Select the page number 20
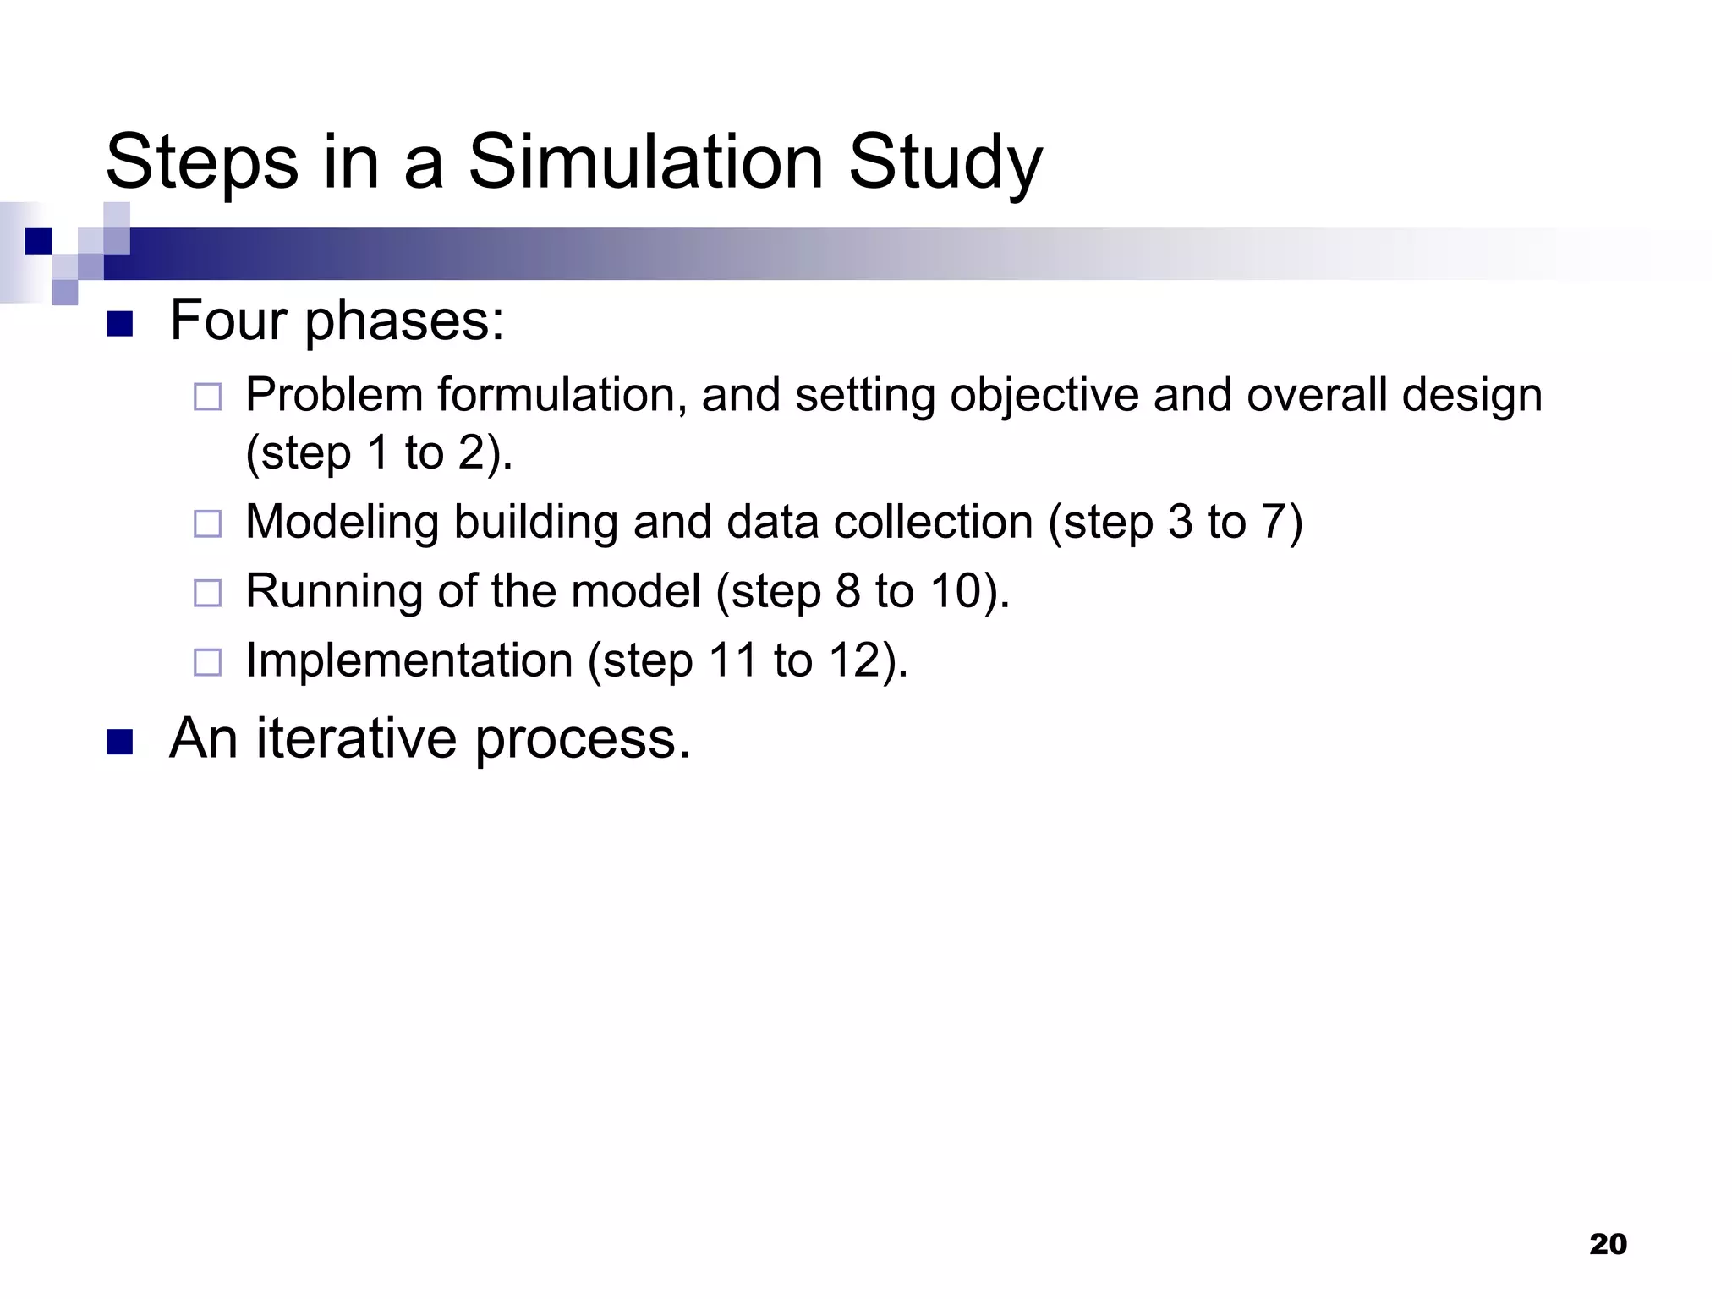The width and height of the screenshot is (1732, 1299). click(x=1608, y=1244)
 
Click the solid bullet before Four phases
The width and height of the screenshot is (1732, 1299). click(x=120, y=324)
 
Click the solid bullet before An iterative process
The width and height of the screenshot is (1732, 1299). click(x=120, y=742)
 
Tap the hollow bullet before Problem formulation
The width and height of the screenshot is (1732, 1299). click(x=207, y=397)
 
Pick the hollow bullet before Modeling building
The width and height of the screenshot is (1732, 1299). click(x=207, y=523)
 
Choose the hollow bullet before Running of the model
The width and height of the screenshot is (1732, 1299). click(x=207, y=593)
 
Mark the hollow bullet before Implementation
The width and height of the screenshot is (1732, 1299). click(x=207, y=662)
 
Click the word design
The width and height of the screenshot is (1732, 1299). click(x=1472, y=397)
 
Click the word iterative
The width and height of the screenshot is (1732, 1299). click(x=357, y=738)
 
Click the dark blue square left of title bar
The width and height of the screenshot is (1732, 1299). click(x=38, y=241)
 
